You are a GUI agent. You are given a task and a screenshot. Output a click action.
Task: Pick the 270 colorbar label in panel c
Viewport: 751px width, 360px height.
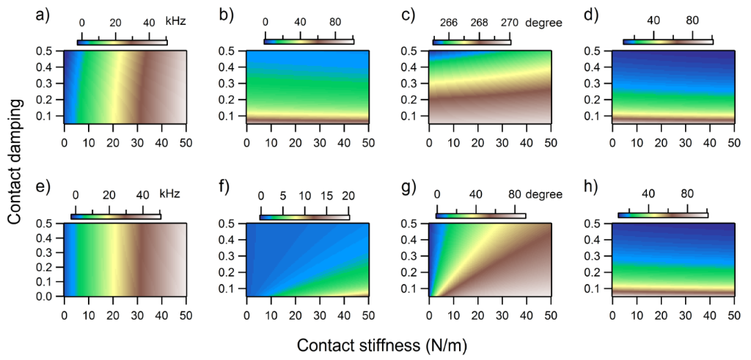pyautogui.click(x=510, y=22)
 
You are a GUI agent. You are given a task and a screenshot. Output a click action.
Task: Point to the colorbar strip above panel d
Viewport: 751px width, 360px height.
pyautogui.click(x=667, y=42)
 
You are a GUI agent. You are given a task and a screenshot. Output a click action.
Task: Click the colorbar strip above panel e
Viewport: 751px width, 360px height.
pyautogui.click(x=116, y=216)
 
